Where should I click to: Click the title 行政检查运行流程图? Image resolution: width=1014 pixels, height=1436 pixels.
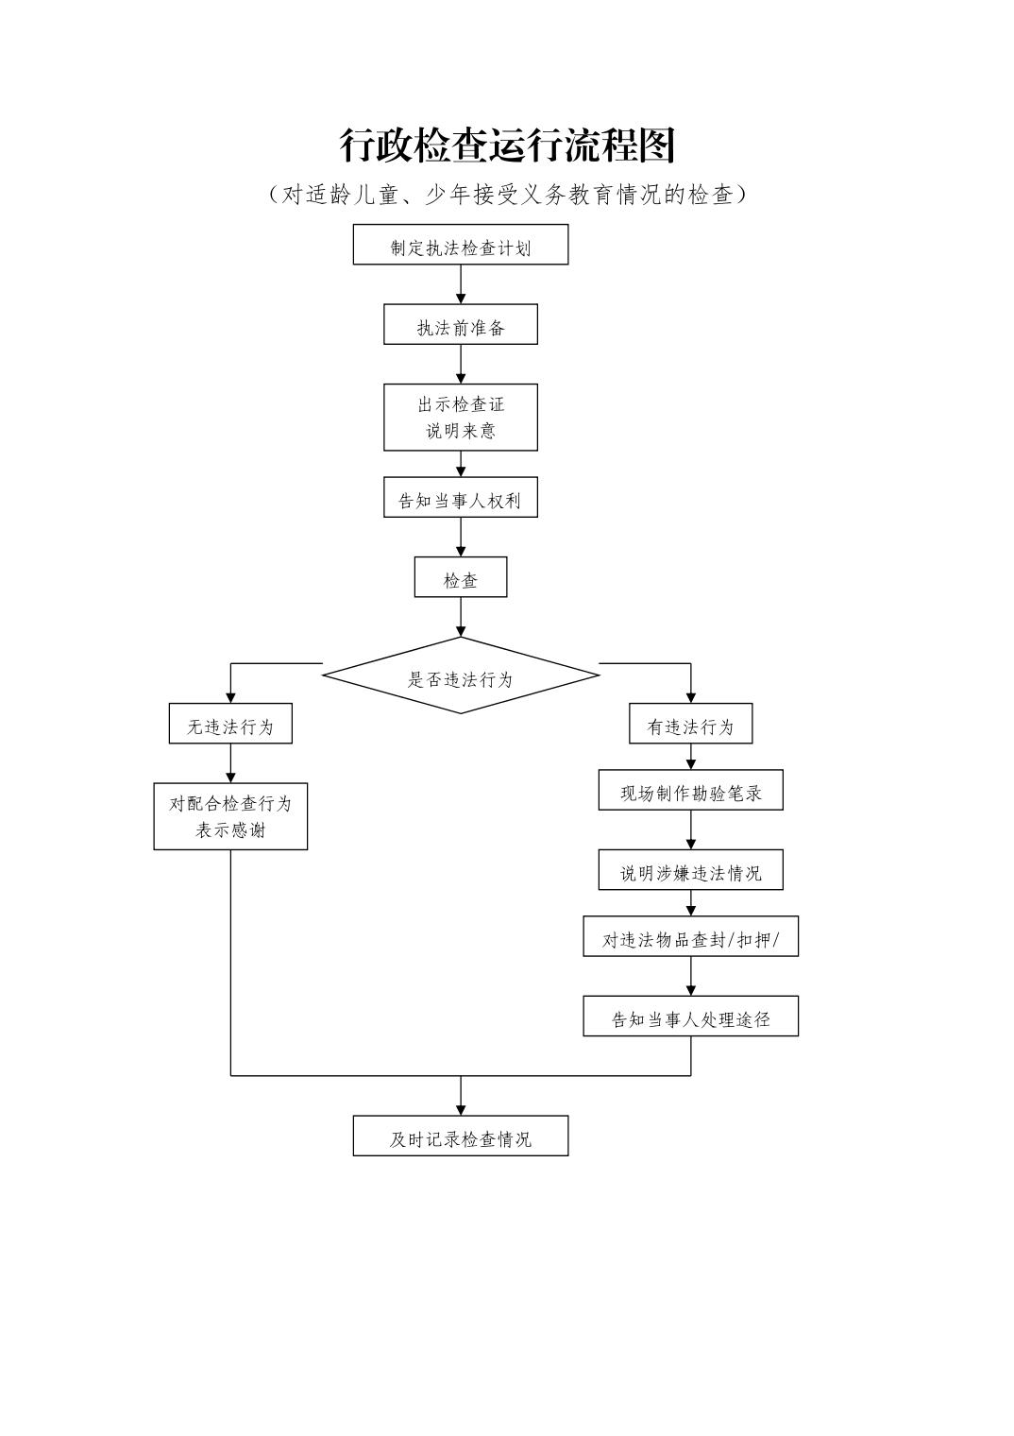pos(507,146)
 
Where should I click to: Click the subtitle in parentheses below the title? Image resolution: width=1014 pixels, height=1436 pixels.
pos(507,195)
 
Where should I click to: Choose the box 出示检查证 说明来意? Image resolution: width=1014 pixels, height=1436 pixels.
pos(461,417)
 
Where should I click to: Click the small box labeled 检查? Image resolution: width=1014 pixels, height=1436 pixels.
pos(461,577)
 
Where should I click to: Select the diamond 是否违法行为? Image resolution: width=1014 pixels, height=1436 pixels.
pos(461,675)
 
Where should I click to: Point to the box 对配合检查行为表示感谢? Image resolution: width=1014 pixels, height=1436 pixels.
pos(230,816)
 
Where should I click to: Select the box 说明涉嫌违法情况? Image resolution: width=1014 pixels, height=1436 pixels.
pos(690,870)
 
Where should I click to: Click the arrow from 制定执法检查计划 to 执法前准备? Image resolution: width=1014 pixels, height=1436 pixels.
pos(461,284)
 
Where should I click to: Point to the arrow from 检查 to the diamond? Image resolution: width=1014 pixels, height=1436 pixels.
pos(461,617)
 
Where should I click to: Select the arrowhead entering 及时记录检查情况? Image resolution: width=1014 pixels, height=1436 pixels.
pos(461,1109)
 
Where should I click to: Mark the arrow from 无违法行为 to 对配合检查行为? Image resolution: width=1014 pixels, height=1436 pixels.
pos(230,763)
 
